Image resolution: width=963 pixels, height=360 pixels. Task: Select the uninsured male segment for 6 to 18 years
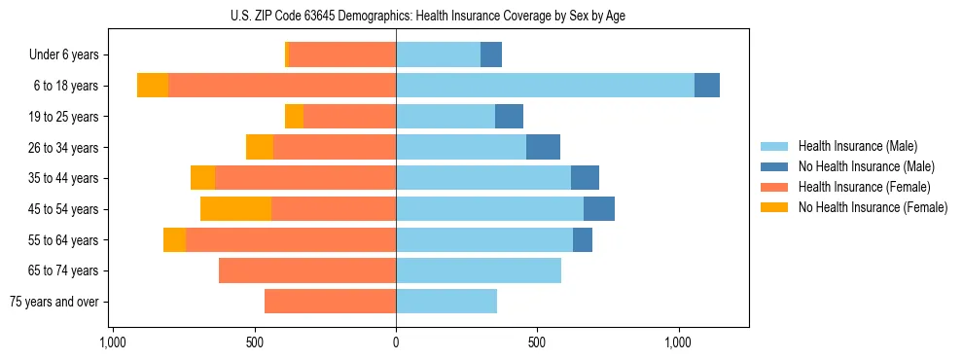707,86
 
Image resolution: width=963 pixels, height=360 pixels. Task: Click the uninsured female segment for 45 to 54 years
235,209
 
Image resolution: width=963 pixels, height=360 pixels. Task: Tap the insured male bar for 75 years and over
446,302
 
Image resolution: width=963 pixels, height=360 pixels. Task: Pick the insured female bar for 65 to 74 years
307,270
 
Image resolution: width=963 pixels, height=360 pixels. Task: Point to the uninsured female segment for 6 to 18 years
153,86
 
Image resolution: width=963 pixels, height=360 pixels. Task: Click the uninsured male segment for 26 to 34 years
543,147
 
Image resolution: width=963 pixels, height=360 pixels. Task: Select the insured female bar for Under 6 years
342,54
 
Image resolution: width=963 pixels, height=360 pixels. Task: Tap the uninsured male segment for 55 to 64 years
583,239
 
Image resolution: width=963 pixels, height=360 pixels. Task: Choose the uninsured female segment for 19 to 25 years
294,117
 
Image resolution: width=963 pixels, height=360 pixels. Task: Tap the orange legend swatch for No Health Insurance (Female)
774,207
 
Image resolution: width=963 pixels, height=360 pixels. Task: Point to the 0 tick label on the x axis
396,342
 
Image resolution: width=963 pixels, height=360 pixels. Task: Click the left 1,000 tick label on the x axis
113,342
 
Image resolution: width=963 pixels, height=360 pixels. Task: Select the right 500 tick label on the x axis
537,342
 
